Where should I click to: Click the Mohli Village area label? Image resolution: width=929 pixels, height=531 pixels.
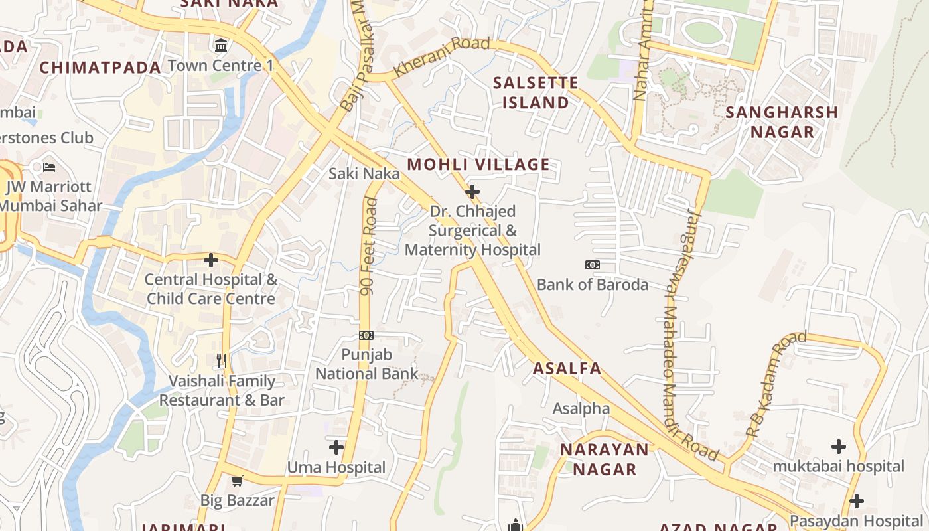point(478,164)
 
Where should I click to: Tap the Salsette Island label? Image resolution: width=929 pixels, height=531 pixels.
point(536,93)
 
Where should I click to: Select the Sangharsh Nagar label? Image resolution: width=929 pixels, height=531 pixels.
point(782,121)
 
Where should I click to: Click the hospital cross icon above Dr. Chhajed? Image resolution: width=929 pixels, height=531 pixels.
point(472,192)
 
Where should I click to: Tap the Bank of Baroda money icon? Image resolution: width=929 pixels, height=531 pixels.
point(593,265)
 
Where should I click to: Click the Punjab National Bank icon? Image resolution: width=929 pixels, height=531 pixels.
point(366,335)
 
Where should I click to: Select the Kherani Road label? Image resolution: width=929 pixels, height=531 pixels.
point(441,57)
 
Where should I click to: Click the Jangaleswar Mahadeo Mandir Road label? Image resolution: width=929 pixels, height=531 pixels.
point(690,332)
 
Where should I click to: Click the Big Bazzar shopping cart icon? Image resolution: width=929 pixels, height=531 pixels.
point(237,480)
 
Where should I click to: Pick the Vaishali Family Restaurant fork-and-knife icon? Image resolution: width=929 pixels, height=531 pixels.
point(222,361)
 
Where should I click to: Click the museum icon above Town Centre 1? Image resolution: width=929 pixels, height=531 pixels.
point(221,46)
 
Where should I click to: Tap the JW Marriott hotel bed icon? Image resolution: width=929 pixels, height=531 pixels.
point(49,167)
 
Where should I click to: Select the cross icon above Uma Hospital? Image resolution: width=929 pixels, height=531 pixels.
point(336,447)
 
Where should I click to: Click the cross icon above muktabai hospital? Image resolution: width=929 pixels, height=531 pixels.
point(839,447)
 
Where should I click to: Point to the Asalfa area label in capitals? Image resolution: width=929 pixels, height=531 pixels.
point(567,368)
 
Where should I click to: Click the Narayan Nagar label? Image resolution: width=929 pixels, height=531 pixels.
point(605,459)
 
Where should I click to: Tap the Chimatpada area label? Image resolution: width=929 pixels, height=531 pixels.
point(100,67)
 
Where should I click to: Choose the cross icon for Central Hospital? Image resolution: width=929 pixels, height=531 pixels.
point(211,260)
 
